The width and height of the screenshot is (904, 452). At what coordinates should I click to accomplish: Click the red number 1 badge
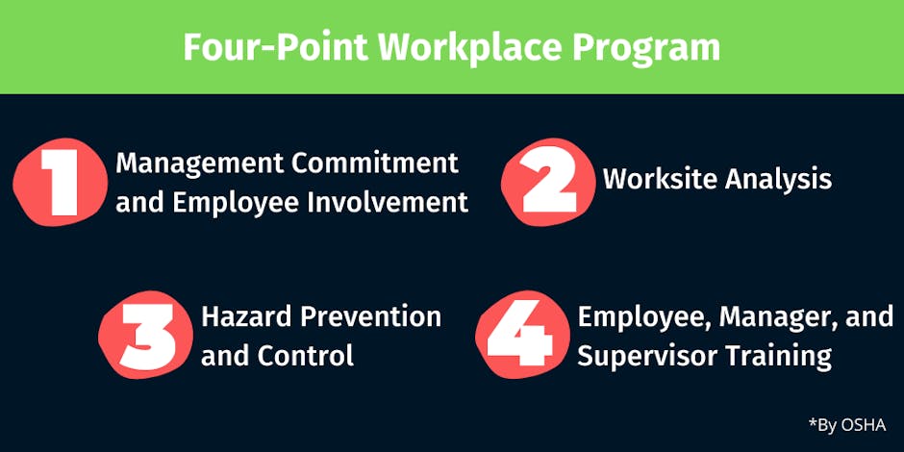[x=61, y=182]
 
